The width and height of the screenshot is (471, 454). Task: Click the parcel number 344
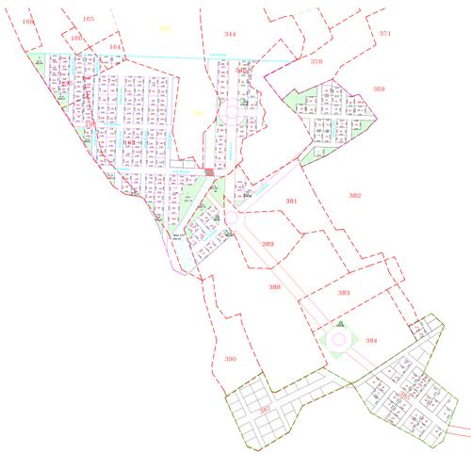[x=230, y=34]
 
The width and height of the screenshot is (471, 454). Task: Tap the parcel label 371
[x=384, y=33]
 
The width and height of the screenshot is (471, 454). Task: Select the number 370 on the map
[x=317, y=61]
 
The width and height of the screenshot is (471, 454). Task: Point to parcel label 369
[x=379, y=89]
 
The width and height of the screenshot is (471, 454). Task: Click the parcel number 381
[x=292, y=202]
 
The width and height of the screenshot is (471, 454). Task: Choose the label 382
[x=354, y=196]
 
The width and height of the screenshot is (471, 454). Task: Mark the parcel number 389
[x=268, y=244]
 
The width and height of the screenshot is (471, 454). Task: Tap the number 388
[x=274, y=286]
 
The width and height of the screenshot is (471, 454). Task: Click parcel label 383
[x=344, y=293]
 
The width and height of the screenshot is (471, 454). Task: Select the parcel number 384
[x=371, y=340]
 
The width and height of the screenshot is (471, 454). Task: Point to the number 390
[x=231, y=359]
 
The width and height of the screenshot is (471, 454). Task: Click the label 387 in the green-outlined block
[x=266, y=409]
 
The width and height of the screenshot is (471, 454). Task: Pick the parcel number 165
[x=89, y=19]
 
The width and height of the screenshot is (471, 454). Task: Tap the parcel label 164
[x=115, y=45]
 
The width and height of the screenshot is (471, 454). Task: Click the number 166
[x=76, y=38]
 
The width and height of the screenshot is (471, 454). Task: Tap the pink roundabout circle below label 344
[x=232, y=115]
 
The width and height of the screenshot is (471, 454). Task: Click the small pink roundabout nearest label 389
[x=228, y=218]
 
